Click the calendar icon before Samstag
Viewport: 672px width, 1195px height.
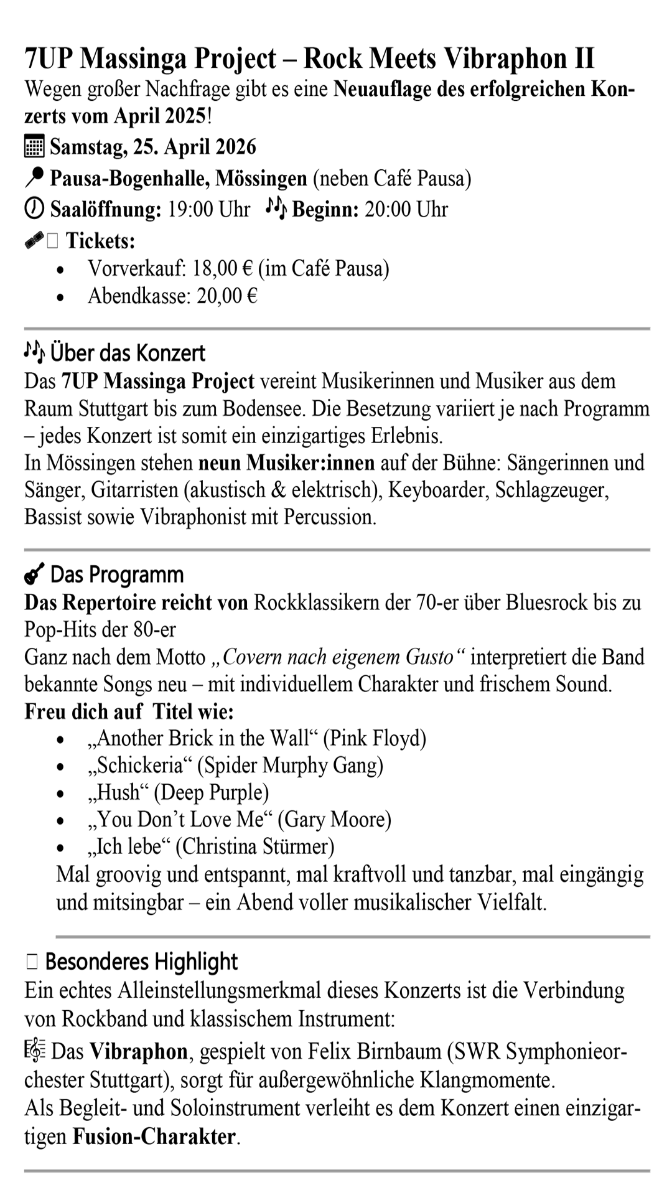(x=34, y=147)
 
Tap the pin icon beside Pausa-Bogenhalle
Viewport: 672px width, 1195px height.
(x=34, y=179)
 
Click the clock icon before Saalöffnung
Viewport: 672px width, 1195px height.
(x=34, y=209)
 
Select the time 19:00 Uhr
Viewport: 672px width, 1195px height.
(x=209, y=210)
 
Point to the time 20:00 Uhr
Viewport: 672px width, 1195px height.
(x=406, y=210)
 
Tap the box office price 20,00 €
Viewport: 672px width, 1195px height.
(x=227, y=296)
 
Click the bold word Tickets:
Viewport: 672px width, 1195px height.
(x=100, y=240)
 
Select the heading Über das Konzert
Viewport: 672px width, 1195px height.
(x=128, y=353)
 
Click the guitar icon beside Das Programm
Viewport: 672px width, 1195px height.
(x=34, y=574)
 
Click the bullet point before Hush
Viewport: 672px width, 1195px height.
(x=60, y=794)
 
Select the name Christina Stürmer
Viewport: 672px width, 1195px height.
(x=255, y=846)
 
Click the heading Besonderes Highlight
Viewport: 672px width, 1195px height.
(x=141, y=962)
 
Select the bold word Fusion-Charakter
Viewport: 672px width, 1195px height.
(x=154, y=1137)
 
